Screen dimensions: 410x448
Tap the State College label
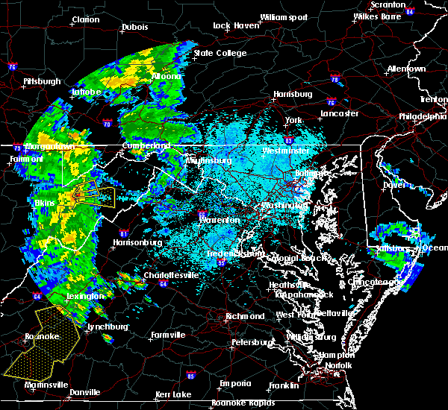[220, 53]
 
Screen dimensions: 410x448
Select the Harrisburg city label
[293, 94]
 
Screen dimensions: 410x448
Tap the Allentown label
[406, 69]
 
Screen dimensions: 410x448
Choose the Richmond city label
[246, 316]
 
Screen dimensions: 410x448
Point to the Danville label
[84, 392]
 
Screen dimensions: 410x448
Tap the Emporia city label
[235, 383]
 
